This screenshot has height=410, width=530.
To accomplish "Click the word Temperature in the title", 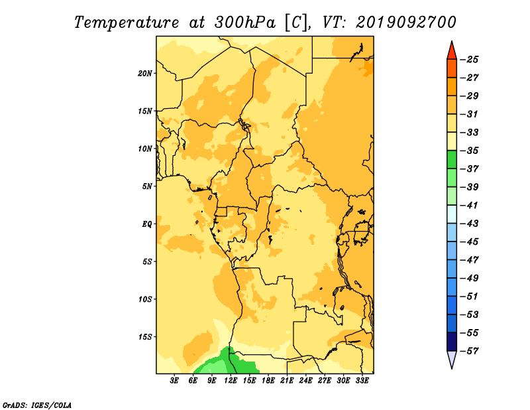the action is (127, 23).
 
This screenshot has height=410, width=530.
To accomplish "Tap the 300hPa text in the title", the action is (245, 23).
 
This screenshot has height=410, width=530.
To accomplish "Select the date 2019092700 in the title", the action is (406, 23).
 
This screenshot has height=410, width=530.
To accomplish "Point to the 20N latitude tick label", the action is (145, 74).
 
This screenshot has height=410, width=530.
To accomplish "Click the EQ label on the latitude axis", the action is (146, 224).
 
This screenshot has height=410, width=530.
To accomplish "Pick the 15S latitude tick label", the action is (145, 337).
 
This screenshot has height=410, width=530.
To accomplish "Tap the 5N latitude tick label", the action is (147, 186).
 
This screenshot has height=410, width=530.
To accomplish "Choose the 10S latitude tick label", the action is (145, 299).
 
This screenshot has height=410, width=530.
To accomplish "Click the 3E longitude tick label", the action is (174, 380).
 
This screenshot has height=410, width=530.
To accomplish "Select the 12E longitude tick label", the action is (231, 380).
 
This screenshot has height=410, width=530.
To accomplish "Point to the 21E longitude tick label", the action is (287, 380).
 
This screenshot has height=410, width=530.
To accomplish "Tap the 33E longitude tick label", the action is (362, 380).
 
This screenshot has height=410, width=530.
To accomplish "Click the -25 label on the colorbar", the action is (470, 60).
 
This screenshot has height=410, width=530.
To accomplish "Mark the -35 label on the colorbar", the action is (470, 151).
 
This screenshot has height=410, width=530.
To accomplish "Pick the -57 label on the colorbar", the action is (470, 351).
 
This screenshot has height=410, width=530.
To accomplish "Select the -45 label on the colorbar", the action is (470, 241).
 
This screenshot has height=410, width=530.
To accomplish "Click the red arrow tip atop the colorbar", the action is (452, 41).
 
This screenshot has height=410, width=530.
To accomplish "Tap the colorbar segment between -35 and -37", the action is (452, 159).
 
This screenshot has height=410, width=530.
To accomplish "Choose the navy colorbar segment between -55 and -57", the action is (452, 342).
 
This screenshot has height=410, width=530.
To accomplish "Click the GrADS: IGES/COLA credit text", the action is (37, 405).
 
